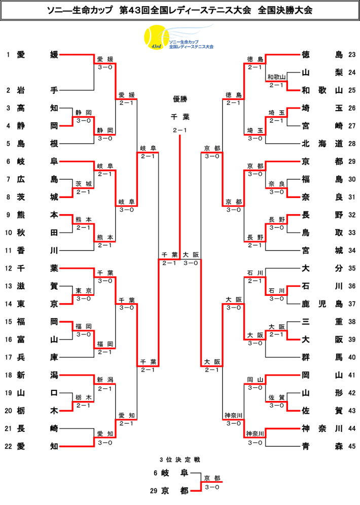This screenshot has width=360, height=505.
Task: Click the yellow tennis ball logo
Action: (156, 38)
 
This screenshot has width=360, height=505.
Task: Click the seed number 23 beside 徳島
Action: (352, 55)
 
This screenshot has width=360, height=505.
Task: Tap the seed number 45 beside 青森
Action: (352, 447)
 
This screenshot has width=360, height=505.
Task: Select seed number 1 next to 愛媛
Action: (8, 55)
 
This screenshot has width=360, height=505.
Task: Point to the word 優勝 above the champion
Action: (180, 99)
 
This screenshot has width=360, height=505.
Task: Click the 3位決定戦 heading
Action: (180, 460)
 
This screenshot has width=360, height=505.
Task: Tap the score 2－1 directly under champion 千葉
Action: (180, 130)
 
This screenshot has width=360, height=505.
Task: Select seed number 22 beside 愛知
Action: (8, 447)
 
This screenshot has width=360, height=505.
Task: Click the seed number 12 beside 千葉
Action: (8, 268)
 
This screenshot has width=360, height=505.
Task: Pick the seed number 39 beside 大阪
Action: (352, 340)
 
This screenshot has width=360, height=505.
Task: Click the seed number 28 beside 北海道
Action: (352, 144)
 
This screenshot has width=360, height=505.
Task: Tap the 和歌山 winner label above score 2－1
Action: (276, 77)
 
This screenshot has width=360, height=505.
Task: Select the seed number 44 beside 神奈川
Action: (352, 429)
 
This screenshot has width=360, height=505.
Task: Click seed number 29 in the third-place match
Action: (154, 491)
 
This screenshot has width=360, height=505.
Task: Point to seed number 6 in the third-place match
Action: (155, 473)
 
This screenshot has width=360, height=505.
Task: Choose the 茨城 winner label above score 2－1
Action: (84, 184)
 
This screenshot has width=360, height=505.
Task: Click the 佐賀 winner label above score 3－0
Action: (277, 398)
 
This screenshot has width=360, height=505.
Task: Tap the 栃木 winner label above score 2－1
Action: (84, 398)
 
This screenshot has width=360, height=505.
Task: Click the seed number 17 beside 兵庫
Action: (8, 357)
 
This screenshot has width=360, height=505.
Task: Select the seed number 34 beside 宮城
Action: (352, 251)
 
